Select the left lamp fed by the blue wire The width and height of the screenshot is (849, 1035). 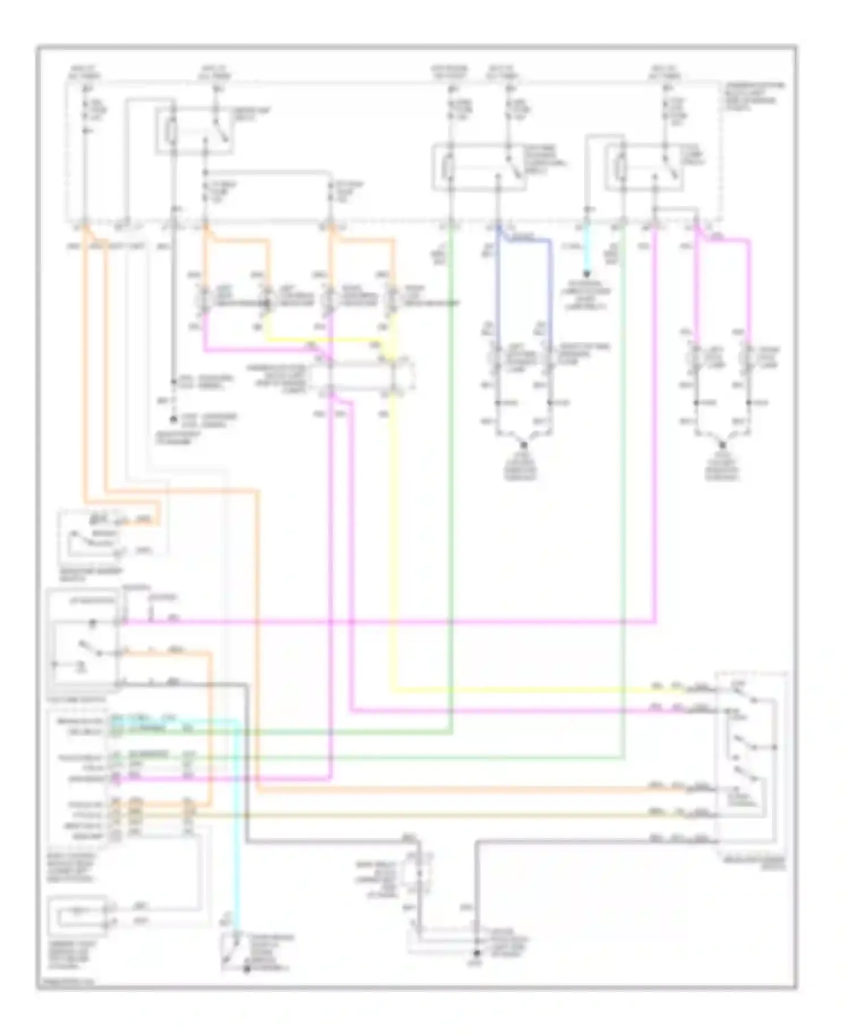pos(497,358)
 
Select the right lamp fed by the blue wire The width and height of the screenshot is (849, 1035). pos(549,358)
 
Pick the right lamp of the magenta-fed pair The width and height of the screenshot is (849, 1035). pos(749,358)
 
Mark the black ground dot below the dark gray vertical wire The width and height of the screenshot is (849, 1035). pos(477,955)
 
